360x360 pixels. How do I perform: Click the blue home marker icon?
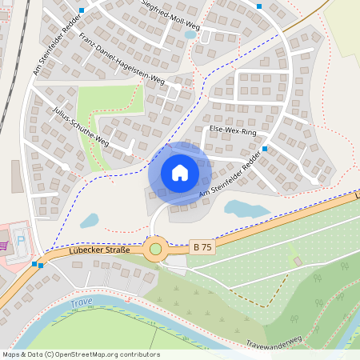[x=180, y=173]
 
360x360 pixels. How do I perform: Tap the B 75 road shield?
[x=203, y=248]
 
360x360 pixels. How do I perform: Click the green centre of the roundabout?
[x=155, y=249]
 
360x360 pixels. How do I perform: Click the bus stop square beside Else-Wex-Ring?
[x=264, y=149]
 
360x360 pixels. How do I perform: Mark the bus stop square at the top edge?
[x=258, y=6]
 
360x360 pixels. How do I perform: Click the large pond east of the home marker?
[x=246, y=210]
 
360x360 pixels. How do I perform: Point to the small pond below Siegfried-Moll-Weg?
[x=190, y=34]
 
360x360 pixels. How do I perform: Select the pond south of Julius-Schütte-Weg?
[x=89, y=220]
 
